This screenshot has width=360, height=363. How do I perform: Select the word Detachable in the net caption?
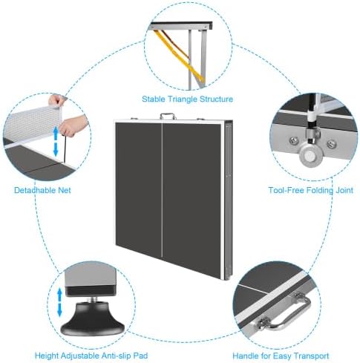pyautogui.click(x=35, y=190)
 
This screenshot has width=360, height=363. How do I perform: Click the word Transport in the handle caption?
pyautogui.click(x=309, y=356)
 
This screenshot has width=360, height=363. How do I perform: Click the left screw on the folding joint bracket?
pyautogui.click(x=294, y=141)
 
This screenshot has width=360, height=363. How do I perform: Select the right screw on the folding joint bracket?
pyautogui.click(x=331, y=143)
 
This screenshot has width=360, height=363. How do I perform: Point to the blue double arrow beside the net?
pyautogui.click(x=56, y=141)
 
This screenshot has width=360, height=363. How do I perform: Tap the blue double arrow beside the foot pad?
pyautogui.click(x=59, y=302)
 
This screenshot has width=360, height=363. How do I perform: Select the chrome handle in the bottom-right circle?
pyautogui.click(x=284, y=311)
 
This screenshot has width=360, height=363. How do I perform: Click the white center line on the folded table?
pyautogui.click(x=162, y=190)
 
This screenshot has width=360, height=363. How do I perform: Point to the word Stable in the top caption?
pyautogui.click(x=154, y=99)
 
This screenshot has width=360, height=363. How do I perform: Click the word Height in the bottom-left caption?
pyautogui.click(x=47, y=356)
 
